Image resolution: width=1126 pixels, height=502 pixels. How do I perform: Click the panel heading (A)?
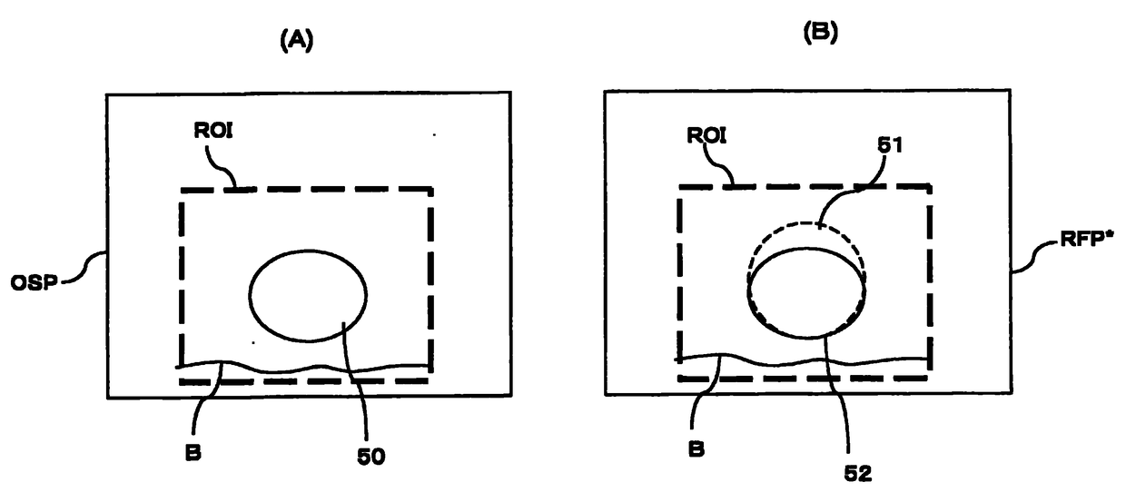[297, 41]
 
